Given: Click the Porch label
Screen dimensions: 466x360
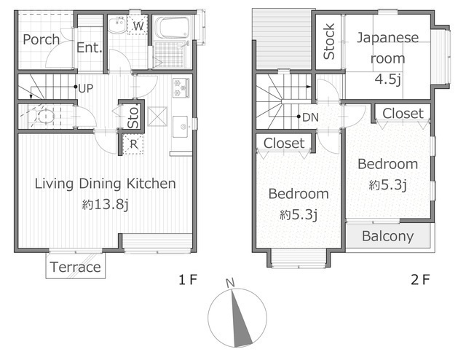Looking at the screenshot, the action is click(x=41, y=39).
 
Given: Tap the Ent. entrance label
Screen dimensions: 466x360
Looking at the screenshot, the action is click(x=89, y=47).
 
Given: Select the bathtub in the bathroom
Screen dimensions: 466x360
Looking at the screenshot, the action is click(x=173, y=27).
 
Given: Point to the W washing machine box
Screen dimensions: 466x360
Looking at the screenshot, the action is click(x=138, y=25).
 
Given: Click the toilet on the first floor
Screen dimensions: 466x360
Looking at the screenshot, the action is click(x=44, y=116).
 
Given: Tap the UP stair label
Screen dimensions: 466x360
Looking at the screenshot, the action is click(x=86, y=88).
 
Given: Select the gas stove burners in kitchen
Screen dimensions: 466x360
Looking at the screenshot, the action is click(x=181, y=87).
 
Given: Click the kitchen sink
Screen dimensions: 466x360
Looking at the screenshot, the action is click(x=181, y=127).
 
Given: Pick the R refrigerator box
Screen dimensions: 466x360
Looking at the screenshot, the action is click(x=133, y=144).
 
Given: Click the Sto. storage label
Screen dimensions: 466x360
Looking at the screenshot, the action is click(x=133, y=117).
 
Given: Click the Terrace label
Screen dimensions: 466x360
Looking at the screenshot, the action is click(x=76, y=267).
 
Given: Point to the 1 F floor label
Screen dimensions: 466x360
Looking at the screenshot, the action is click(x=188, y=280).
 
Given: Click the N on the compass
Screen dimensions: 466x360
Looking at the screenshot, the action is click(x=230, y=283).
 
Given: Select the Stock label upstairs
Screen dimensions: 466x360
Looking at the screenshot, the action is click(x=329, y=42).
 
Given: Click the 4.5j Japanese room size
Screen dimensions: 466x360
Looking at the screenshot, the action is click(x=388, y=79).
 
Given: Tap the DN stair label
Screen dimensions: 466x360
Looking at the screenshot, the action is click(x=311, y=117).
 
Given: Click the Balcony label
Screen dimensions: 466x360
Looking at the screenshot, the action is click(x=388, y=236).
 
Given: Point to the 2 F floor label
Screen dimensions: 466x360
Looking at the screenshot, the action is click(x=421, y=280).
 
